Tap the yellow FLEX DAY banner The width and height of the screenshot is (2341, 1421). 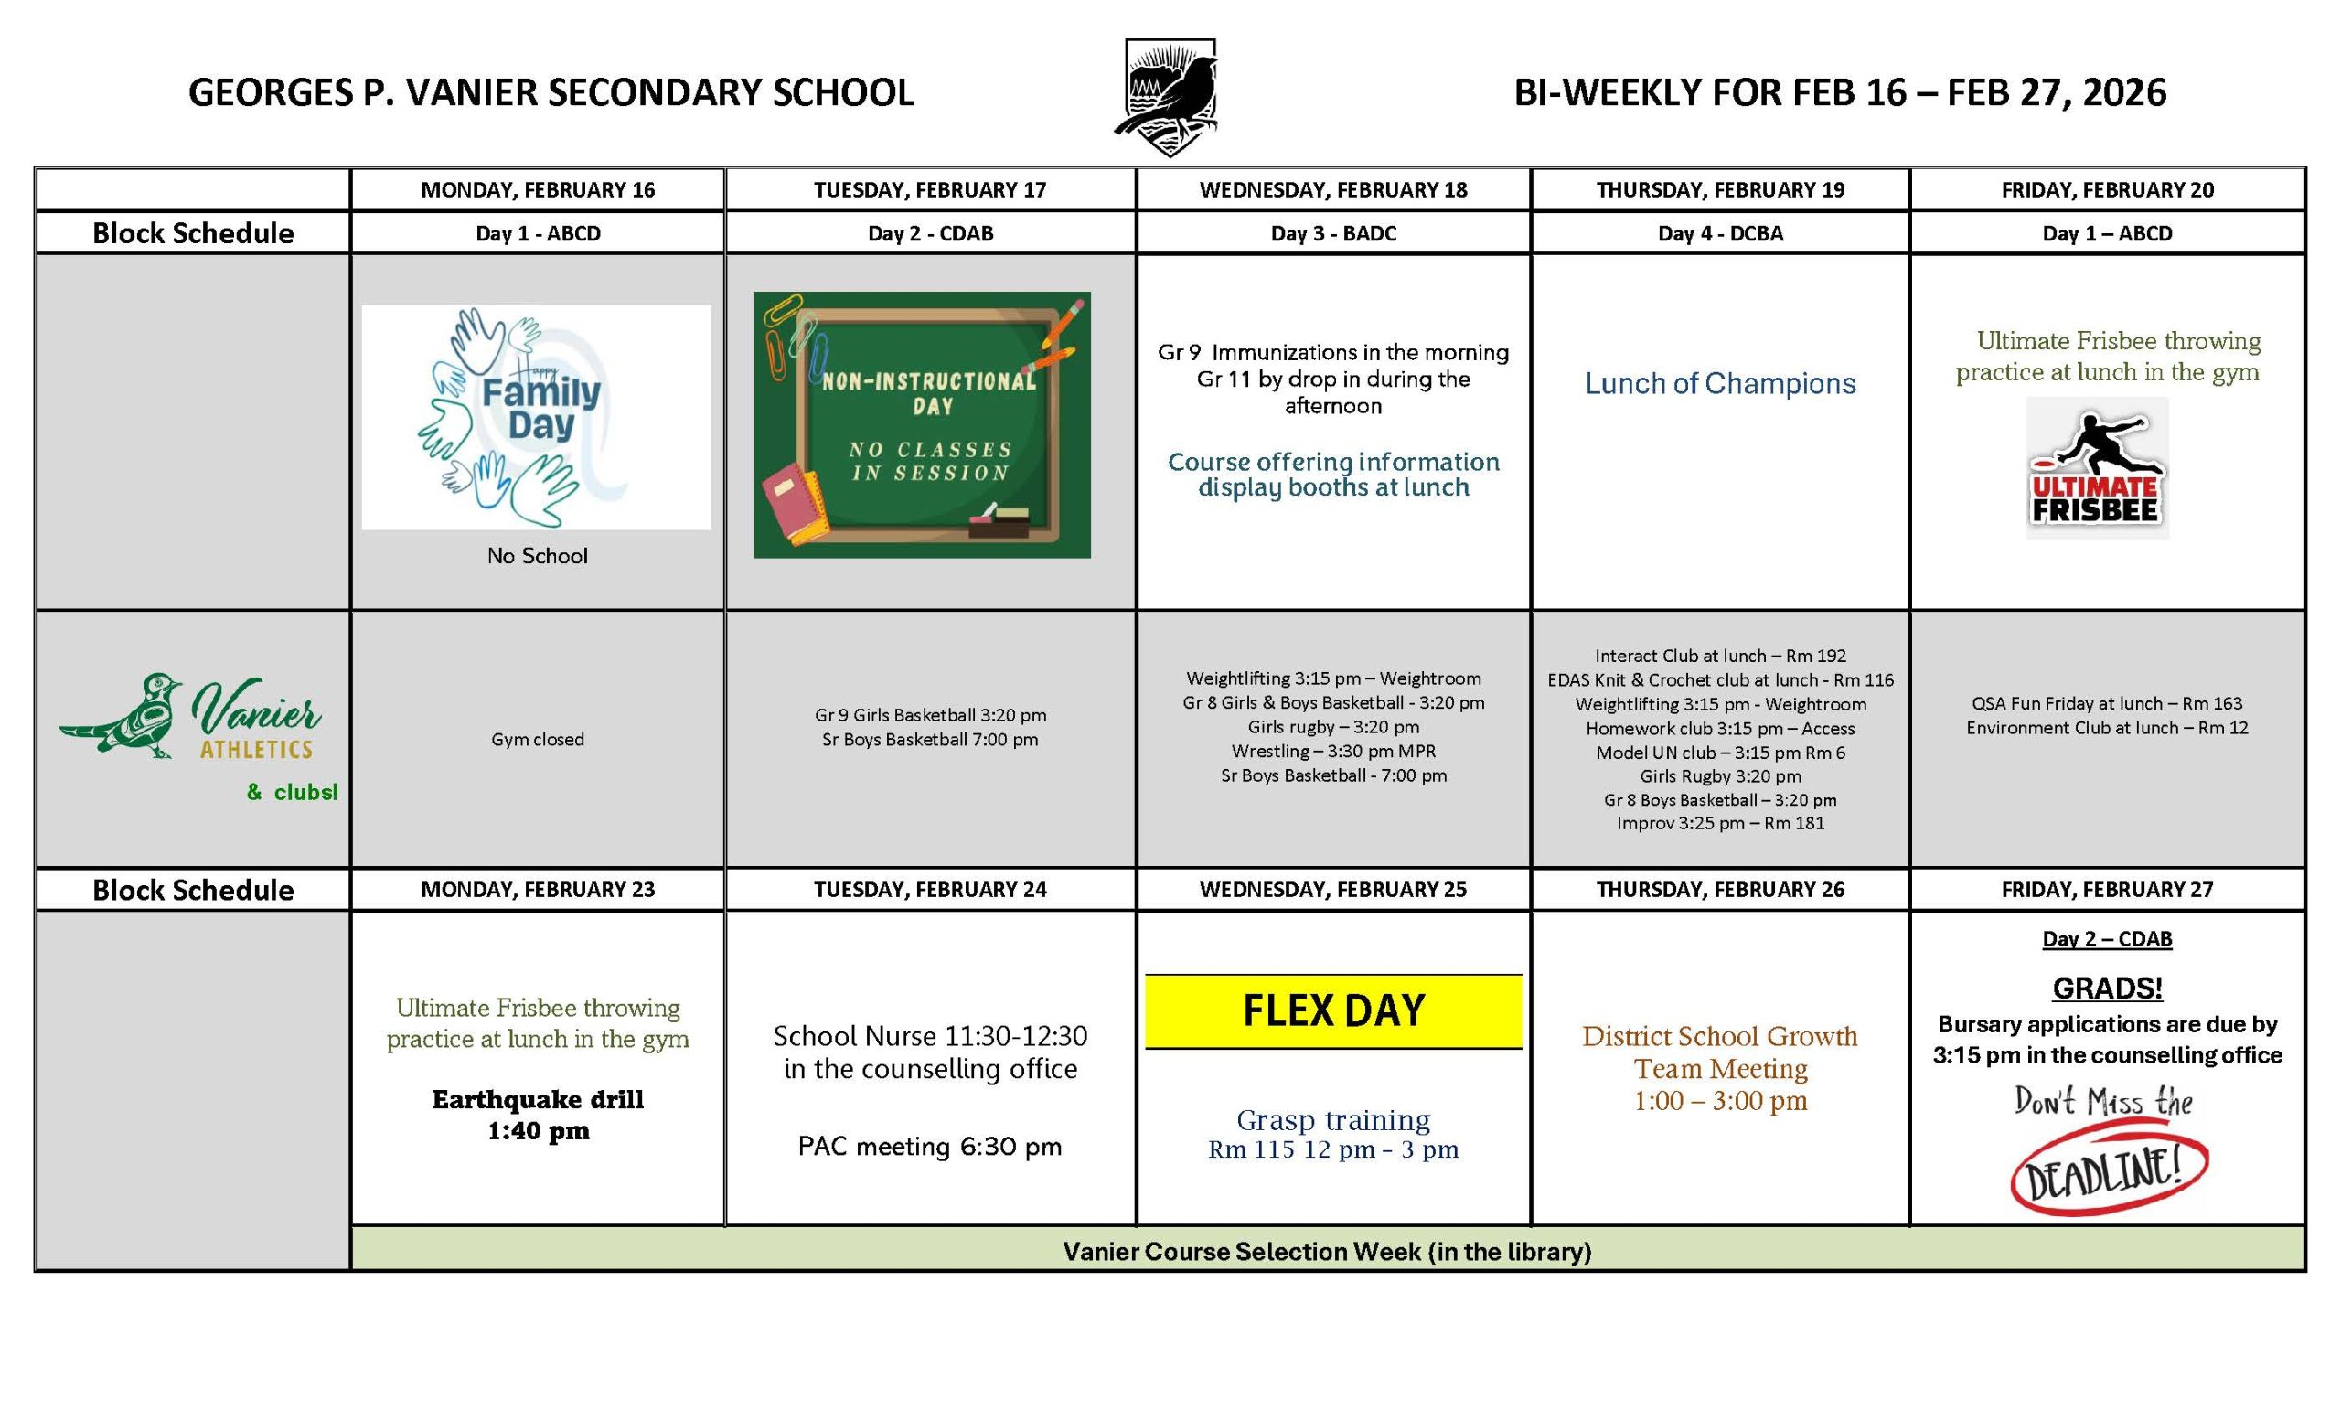[1333, 1010]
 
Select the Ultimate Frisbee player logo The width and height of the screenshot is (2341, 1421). [2097, 468]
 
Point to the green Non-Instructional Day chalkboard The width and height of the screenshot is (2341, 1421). [922, 423]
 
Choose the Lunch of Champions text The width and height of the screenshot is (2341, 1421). [1720, 384]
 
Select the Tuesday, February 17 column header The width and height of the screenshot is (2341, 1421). [929, 190]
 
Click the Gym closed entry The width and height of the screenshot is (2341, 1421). [537, 739]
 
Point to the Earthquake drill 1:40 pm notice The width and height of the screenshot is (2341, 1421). [538, 1116]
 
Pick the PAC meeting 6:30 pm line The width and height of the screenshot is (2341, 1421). [929, 1147]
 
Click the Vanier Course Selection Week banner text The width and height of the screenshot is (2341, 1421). [1326, 1251]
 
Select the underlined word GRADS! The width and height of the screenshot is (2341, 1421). [2106, 988]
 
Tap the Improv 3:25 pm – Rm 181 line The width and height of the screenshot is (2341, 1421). [1720, 824]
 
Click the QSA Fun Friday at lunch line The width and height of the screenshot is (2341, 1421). [2106, 704]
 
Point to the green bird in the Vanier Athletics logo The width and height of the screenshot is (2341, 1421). [123, 717]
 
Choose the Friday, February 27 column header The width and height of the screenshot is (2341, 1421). [2106, 890]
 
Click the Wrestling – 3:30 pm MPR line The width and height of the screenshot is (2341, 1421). [1333, 752]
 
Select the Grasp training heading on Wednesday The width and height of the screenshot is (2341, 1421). [1333, 1120]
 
